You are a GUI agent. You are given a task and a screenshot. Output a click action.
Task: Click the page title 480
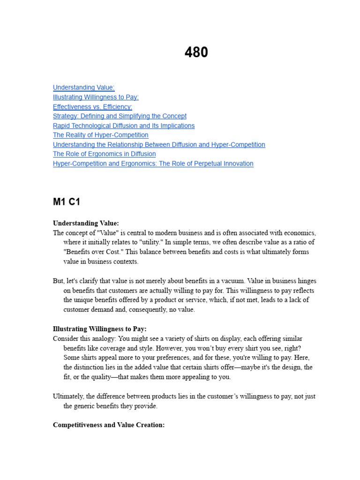click(x=196, y=52)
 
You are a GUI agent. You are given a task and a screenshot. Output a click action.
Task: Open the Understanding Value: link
click(x=83, y=88)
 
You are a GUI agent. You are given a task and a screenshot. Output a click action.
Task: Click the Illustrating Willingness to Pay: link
click(x=96, y=97)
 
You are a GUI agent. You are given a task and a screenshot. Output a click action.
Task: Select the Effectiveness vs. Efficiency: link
click(x=92, y=107)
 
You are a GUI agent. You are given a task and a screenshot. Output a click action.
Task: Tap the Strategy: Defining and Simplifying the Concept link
click(x=120, y=116)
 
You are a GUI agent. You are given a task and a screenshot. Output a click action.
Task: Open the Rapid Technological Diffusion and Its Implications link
click(x=124, y=126)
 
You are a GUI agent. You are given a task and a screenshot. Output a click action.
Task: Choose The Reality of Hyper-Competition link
click(x=100, y=135)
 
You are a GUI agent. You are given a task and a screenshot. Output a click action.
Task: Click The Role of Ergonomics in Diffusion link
click(x=104, y=154)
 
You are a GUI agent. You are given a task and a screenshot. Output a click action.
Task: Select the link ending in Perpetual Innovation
click(x=153, y=164)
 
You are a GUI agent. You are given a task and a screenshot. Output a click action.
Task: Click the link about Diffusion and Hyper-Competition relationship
click(x=159, y=144)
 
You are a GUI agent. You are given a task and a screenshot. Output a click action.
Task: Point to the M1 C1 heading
click(x=67, y=202)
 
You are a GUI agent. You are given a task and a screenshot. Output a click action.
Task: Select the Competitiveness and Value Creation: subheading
click(x=109, y=425)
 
